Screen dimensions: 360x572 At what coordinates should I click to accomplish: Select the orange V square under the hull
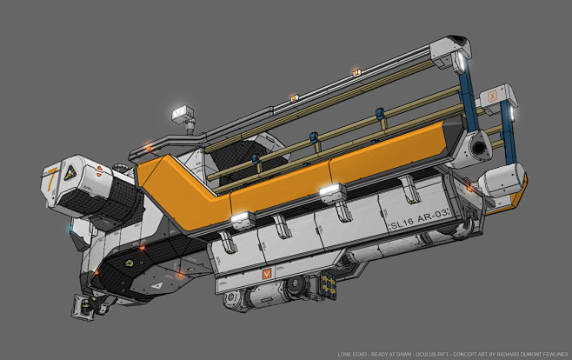(267, 272)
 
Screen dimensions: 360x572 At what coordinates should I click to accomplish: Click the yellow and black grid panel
(327, 283)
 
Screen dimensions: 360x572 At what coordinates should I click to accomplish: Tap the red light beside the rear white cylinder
(469, 185)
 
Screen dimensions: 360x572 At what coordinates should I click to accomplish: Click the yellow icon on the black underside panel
(130, 260)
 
